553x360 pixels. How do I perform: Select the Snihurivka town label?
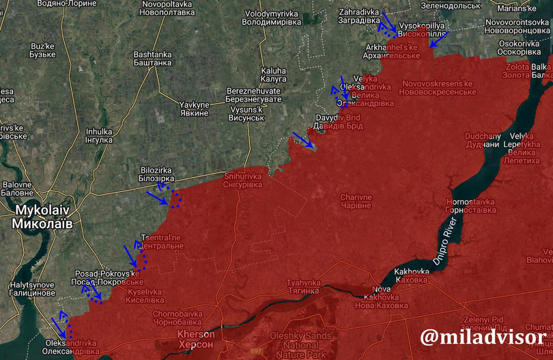242,180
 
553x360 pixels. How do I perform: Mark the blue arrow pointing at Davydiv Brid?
303,140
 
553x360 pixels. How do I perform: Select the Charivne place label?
356,202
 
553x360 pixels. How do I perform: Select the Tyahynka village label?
303,287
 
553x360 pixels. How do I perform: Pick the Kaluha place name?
273,74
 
